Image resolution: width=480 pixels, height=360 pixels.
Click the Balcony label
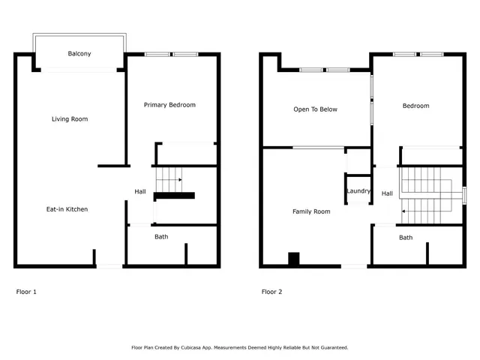[x=79, y=54]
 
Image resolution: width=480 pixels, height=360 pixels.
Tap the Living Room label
[x=70, y=119]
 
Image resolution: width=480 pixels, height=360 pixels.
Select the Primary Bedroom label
[x=169, y=105]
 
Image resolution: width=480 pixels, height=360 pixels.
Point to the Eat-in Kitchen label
[x=67, y=209]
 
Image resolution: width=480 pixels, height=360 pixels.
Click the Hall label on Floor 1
[x=140, y=192]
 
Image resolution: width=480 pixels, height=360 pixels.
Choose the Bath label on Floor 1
[x=161, y=237]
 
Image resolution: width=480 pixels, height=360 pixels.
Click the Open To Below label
[x=315, y=109]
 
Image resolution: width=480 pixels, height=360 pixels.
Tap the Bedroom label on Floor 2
[x=415, y=106]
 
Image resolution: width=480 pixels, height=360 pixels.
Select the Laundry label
[x=358, y=191]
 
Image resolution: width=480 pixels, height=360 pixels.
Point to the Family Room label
[x=311, y=211]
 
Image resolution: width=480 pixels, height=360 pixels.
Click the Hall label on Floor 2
[x=387, y=193]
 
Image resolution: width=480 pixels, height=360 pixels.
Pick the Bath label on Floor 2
[x=406, y=238]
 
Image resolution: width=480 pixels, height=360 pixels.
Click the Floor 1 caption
[x=26, y=292]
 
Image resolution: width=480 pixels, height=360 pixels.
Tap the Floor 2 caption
[x=271, y=292]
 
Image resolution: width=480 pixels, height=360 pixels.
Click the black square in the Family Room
[x=294, y=259]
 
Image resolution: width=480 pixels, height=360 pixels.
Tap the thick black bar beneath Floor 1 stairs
[x=175, y=196]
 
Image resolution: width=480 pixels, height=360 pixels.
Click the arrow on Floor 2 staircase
[x=405, y=212]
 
